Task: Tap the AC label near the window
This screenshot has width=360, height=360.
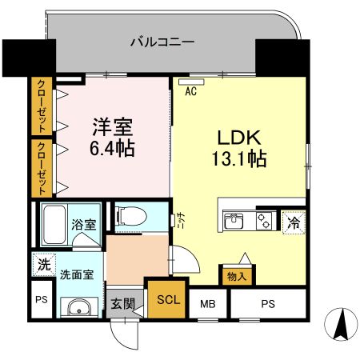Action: [191, 91]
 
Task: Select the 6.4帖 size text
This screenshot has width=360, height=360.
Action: [112, 148]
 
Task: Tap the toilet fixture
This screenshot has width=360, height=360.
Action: [132, 215]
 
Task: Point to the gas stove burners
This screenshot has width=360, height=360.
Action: [262, 220]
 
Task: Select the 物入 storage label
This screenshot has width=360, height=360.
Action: [237, 276]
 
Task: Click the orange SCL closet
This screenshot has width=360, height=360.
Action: [167, 300]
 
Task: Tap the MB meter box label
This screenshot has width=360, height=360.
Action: [207, 303]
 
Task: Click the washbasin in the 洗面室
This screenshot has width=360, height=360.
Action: [77, 310]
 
